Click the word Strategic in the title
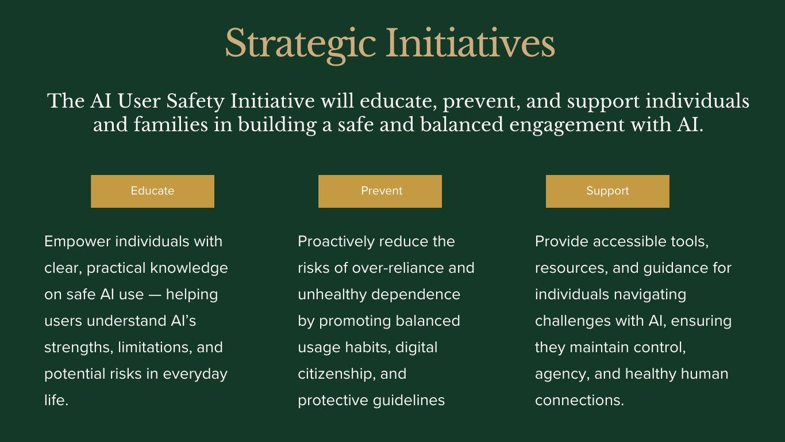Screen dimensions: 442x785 301,44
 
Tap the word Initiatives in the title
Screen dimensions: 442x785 470,43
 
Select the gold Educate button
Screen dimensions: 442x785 152,191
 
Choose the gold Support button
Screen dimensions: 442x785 607,191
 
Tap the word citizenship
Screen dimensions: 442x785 334,374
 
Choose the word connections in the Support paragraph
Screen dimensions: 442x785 579,401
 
